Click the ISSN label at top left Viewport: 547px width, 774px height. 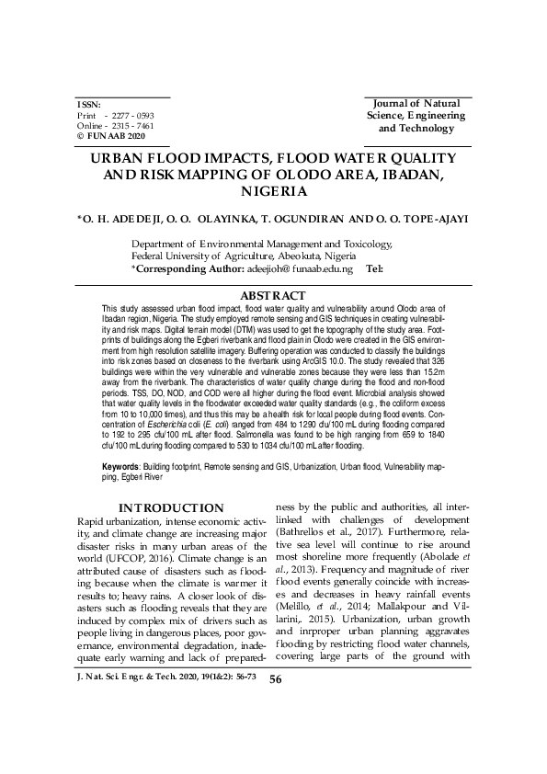tap(89, 105)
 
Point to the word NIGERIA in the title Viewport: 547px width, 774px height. tap(273, 191)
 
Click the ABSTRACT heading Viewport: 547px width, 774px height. tap(272, 295)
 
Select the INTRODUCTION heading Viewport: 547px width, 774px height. tap(172, 508)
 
